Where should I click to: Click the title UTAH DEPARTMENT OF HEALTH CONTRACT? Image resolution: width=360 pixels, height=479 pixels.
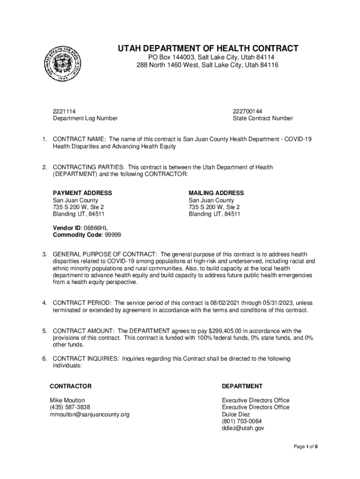click(208, 49)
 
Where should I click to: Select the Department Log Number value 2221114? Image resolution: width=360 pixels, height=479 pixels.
click(64, 111)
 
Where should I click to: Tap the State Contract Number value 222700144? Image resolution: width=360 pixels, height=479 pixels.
click(247, 111)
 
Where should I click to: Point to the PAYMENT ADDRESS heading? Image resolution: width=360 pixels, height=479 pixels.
click(82, 193)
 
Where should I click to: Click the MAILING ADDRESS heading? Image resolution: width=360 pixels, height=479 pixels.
click(216, 193)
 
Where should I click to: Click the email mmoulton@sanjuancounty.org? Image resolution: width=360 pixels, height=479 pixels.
click(89, 414)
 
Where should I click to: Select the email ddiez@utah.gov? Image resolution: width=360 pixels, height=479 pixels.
click(243, 428)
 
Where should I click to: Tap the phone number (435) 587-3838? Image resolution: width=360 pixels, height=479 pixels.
click(70, 407)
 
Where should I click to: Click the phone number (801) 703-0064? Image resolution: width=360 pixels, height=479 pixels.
click(242, 421)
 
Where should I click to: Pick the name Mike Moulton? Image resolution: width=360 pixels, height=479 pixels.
click(67, 400)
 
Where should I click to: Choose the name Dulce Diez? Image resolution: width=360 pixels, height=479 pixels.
click(236, 414)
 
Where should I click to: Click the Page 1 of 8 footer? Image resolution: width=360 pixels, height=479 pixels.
click(306, 447)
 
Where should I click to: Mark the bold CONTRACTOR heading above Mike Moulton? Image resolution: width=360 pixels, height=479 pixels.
click(71, 386)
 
